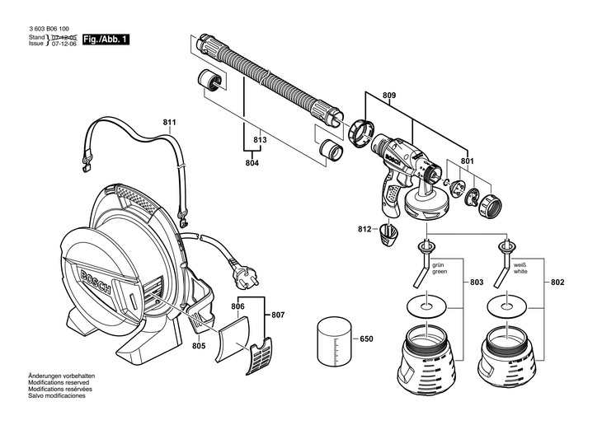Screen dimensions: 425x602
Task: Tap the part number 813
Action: tap(261, 141)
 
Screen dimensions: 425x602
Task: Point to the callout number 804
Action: tap(252, 164)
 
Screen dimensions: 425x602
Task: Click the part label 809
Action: tap(389, 96)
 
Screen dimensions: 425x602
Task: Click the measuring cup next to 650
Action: tap(335, 339)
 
